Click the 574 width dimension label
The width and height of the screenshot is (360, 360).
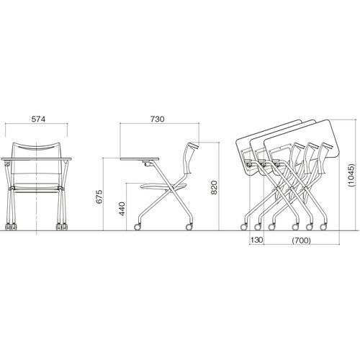pyautogui.click(x=38, y=119)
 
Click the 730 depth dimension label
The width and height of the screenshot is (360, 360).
pyautogui.click(x=158, y=119)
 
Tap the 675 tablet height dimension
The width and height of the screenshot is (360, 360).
pyautogui.click(x=99, y=197)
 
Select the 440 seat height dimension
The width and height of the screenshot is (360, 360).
pyautogui.click(x=122, y=209)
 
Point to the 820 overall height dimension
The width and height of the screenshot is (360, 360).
pyautogui.click(x=214, y=188)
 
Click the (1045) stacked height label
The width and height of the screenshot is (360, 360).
pyautogui.click(x=351, y=175)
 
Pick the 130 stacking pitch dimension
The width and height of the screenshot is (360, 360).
pyautogui.click(x=257, y=240)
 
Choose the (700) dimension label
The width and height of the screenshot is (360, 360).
pyautogui.click(x=302, y=240)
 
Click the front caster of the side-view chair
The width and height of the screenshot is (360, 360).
pyautogui.click(x=138, y=227)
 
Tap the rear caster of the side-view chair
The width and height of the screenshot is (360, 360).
pyautogui.click(x=189, y=227)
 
